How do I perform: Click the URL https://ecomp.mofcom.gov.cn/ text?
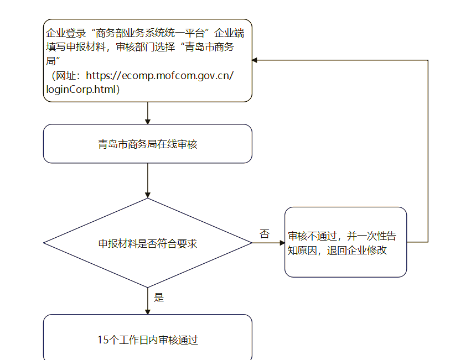160,76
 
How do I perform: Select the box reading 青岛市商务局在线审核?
148,144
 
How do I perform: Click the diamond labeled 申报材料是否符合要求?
148,243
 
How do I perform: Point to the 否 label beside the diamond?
265,234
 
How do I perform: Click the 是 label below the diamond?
159,297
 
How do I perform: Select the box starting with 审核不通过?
345,242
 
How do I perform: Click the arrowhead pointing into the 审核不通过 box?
282,243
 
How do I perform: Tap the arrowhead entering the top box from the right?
255,60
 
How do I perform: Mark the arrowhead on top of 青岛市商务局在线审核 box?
148,122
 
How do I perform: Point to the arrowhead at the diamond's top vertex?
148,195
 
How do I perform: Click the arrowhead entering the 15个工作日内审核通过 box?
148,312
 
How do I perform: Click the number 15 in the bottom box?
103,340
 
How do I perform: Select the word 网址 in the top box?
66,76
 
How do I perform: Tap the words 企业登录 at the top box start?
66,33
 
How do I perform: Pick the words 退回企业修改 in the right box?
356,250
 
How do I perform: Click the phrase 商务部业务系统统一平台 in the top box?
150,33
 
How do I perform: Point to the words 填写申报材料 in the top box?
76,47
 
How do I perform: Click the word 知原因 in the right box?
302,250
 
